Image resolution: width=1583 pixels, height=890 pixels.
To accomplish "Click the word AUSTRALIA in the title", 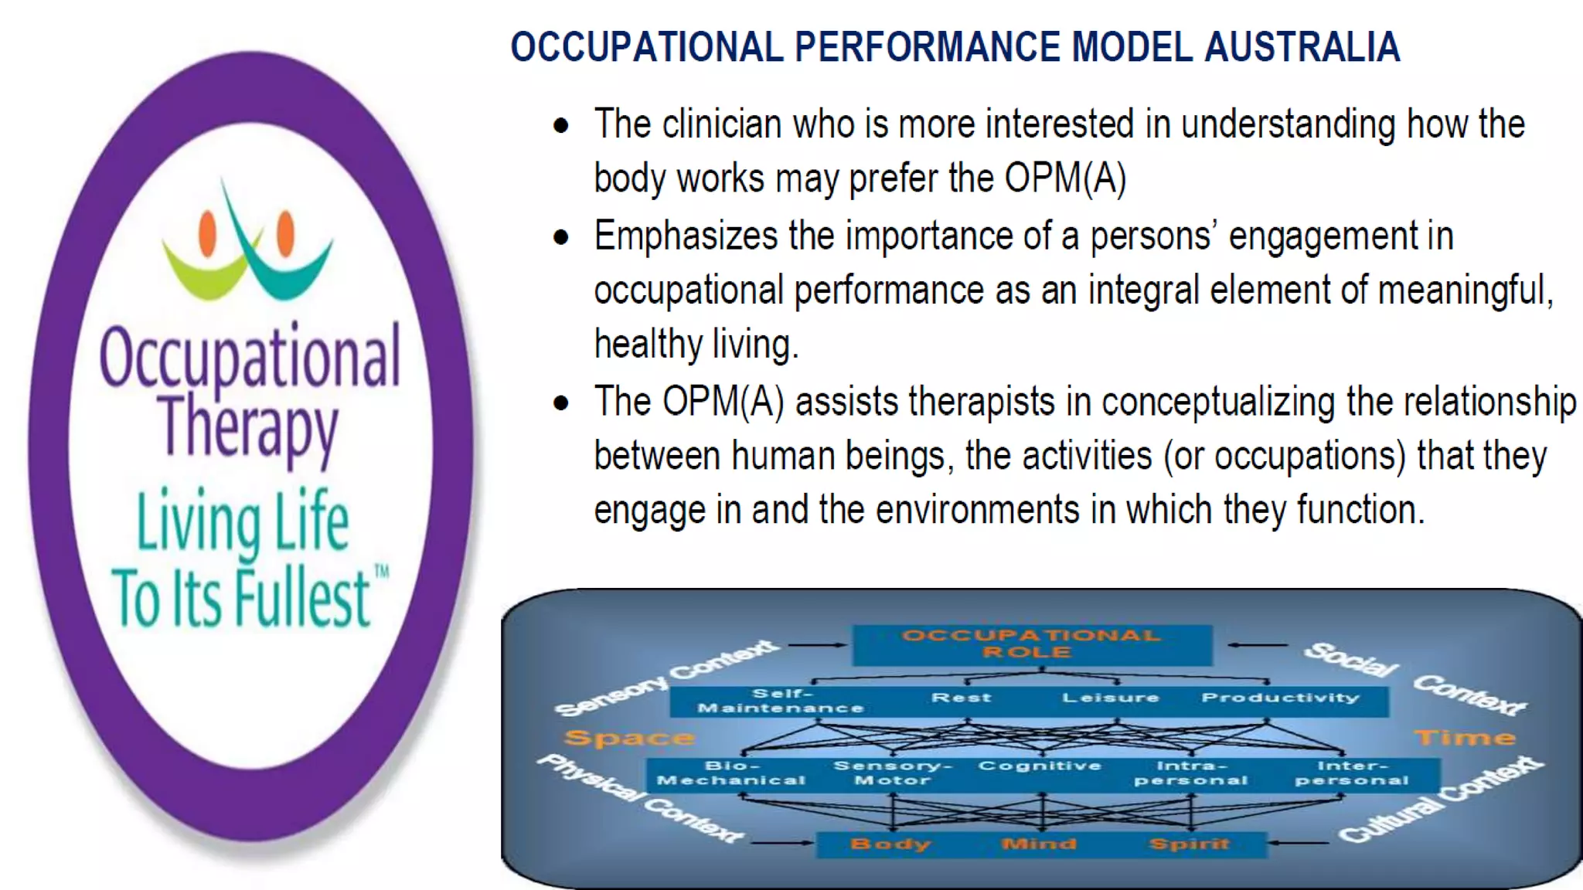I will click(1302, 46).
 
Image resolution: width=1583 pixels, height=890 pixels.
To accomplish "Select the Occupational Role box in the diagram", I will click(1031, 644).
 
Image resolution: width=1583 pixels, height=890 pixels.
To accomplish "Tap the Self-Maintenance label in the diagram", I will click(781, 700).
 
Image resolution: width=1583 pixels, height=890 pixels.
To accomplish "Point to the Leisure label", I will click(1110, 698).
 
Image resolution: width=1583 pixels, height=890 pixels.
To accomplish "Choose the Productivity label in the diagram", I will click(1280, 698).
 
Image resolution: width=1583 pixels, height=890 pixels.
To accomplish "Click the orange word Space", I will click(628, 738).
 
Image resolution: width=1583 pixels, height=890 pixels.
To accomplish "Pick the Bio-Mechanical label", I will click(731, 773).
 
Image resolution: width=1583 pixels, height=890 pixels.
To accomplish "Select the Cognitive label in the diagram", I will click(1040, 766).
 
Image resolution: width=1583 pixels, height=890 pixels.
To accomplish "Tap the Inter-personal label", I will click(1352, 773).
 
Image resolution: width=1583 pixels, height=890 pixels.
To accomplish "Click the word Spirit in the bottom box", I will click(1188, 844).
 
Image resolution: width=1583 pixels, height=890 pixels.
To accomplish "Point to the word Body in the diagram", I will click(890, 844).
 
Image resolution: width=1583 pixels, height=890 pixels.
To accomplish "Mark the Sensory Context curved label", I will click(665, 678).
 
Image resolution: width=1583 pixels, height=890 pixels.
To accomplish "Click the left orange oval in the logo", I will click(207, 233).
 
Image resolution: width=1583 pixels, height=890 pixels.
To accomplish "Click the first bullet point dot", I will click(561, 126).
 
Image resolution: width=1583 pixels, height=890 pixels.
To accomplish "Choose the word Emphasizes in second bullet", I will click(685, 236).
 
